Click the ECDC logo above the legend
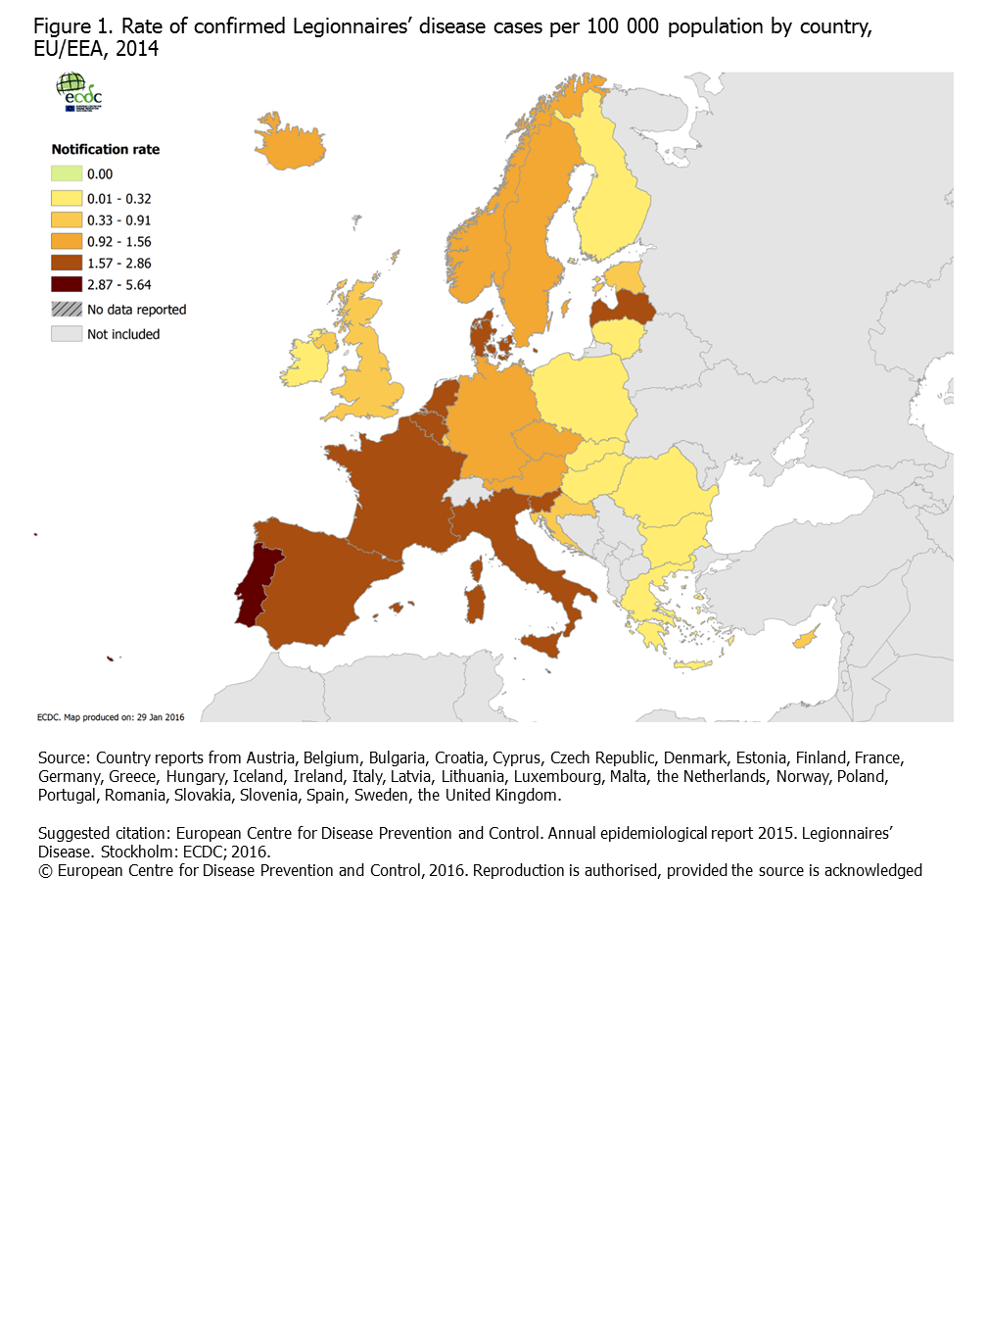click(78, 92)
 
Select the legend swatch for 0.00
click(67, 173)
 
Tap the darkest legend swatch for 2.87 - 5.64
click(67, 284)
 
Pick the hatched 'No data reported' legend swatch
click(67, 309)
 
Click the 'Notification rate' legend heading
click(105, 149)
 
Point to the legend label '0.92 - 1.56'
click(118, 242)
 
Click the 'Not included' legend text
click(122, 334)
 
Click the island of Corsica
click(477, 568)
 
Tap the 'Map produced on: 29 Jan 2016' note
click(111, 717)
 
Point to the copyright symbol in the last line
click(45, 870)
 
